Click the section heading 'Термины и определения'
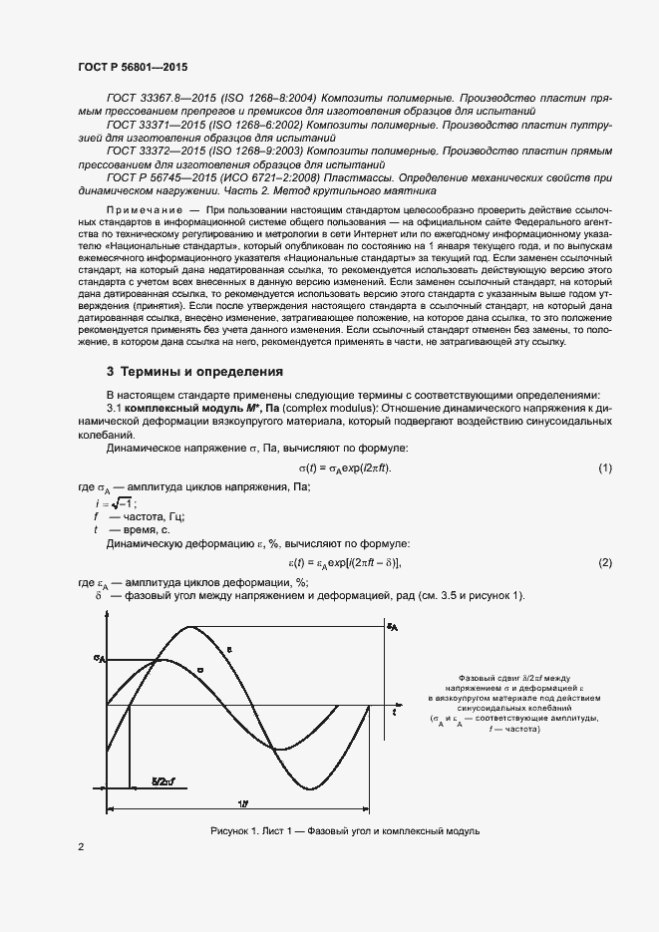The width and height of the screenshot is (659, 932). click(194, 372)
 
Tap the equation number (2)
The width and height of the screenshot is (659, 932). click(604, 564)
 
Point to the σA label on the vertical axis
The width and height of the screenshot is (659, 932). click(99, 659)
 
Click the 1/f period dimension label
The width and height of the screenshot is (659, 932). click(244, 803)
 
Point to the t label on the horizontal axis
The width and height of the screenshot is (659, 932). click(395, 713)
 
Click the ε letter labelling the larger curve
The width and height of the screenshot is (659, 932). click(229, 650)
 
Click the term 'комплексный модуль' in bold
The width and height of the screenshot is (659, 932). click(182, 408)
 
